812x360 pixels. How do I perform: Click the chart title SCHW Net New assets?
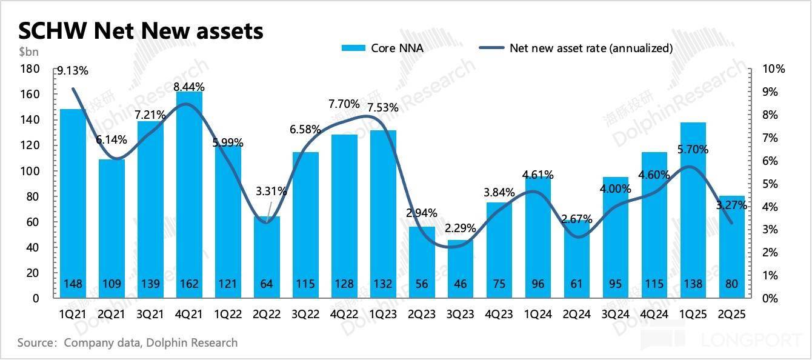(141, 30)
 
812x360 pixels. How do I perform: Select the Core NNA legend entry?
(382, 48)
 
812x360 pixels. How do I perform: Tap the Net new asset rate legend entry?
(576, 48)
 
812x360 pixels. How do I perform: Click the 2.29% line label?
(460, 229)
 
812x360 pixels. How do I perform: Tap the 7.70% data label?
(344, 104)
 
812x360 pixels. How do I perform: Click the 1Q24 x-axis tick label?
(537, 315)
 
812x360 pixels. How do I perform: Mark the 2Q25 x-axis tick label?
(731, 315)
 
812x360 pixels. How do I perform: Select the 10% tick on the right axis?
(773, 69)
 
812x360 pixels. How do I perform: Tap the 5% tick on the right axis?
(770, 184)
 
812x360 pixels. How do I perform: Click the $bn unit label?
(27, 52)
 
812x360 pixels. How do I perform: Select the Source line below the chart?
(127, 343)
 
